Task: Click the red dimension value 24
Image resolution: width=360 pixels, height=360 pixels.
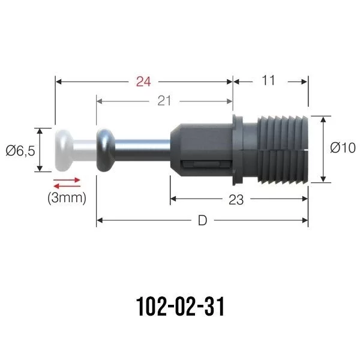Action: [143, 82]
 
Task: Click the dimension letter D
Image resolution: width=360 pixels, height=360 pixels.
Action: [202, 221]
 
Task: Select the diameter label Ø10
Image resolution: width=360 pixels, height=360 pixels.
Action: [343, 148]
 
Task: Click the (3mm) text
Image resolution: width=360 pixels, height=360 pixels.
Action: [67, 197]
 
